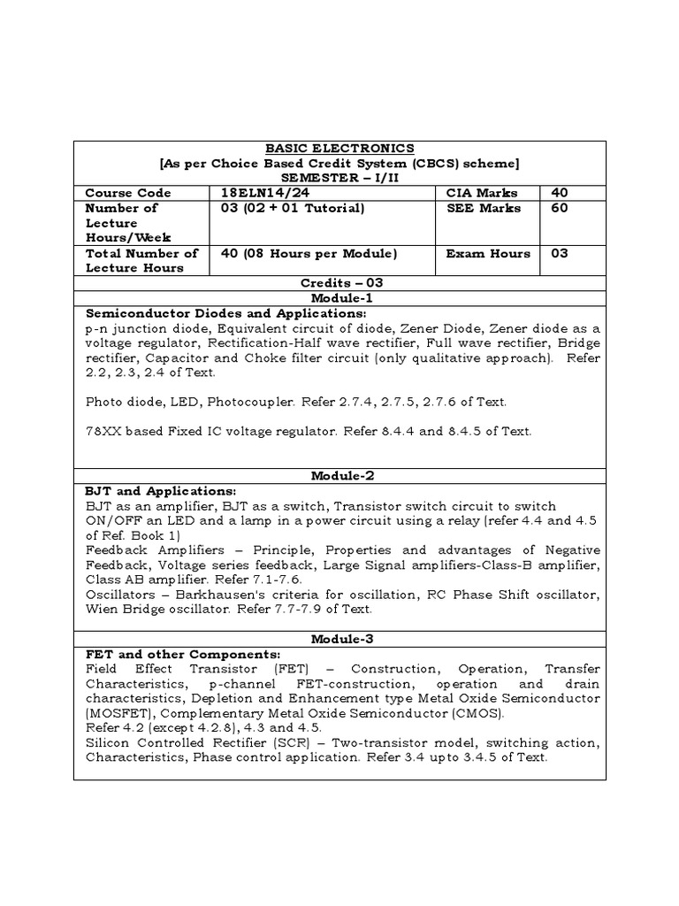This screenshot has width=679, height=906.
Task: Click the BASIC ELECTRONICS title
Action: coord(340,148)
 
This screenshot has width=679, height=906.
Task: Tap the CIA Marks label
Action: coord(482,193)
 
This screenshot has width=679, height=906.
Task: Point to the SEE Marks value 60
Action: coord(560,208)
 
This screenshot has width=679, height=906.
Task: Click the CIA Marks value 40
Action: coord(560,193)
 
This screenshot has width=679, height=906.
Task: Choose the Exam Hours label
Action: coord(488,253)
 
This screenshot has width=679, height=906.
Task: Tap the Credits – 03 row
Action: coord(340,283)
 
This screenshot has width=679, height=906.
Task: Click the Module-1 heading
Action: coord(340,298)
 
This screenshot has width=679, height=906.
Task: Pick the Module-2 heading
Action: coord(340,476)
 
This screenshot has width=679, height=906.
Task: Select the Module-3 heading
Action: coord(340,639)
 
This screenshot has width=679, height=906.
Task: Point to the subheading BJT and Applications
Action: coord(160,490)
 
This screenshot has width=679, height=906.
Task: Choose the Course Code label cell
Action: coord(128,193)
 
